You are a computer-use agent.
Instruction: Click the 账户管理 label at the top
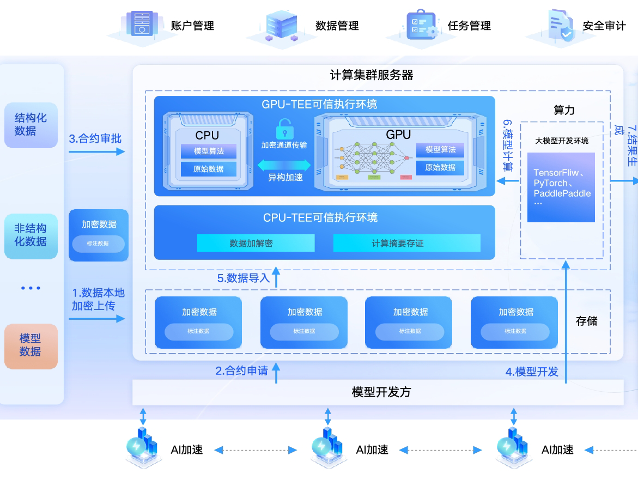coord(192,26)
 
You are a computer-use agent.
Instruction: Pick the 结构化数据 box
coord(31,125)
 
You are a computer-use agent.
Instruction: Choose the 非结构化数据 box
coord(31,235)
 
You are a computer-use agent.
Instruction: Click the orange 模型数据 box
coord(31,345)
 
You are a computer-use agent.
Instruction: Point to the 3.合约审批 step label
coord(95,138)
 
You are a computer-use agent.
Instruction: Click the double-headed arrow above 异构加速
coord(284,165)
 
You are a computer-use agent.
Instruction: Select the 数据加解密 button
coord(256,243)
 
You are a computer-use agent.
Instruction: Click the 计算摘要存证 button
coord(406,243)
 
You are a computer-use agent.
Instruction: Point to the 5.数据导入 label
coord(244,278)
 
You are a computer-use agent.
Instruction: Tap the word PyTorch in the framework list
coord(551,183)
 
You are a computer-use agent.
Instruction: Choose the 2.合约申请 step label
coord(241,371)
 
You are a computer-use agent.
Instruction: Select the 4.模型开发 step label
coord(532,372)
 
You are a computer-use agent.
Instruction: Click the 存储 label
coord(586,321)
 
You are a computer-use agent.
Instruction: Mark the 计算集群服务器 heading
coord(372,75)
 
